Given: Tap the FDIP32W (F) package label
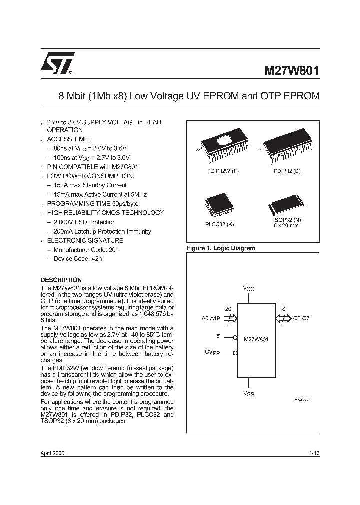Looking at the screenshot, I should click(223, 171).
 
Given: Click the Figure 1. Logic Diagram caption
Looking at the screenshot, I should click(220, 248).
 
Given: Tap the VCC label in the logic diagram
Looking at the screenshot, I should click(248, 289).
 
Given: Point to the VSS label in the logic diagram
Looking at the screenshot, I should click(248, 394).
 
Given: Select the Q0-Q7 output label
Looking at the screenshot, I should click(300, 318).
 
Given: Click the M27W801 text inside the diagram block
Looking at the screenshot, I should click(256, 339).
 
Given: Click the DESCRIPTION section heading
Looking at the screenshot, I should click(61, 280).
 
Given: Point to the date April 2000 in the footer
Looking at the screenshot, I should click(52, 453).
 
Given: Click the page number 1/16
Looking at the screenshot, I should click(314, 453).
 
